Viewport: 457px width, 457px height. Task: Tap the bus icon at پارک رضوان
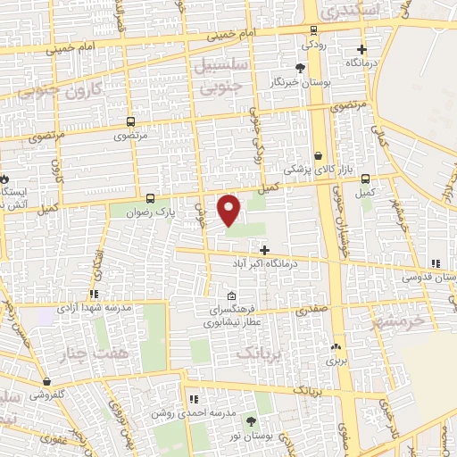pyautogui.click(x=149, y=199)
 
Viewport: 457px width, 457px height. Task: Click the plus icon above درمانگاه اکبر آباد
pyautogui.click(x=264, y=249)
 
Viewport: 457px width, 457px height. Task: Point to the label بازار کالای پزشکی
pyautogui.click(x=312, y=168)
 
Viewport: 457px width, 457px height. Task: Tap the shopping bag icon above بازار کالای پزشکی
pyautogui.click(x=318, y=155)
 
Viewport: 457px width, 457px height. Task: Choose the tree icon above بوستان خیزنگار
pyautogui.click(x=300, y=68)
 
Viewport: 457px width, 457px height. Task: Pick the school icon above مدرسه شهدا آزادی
pyautogui.click(x=93, y=294)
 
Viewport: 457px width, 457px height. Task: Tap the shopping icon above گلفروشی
pyautogui.click(x=46, y=381)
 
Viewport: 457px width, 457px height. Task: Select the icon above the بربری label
pyautogui.click(x=335, y=348)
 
